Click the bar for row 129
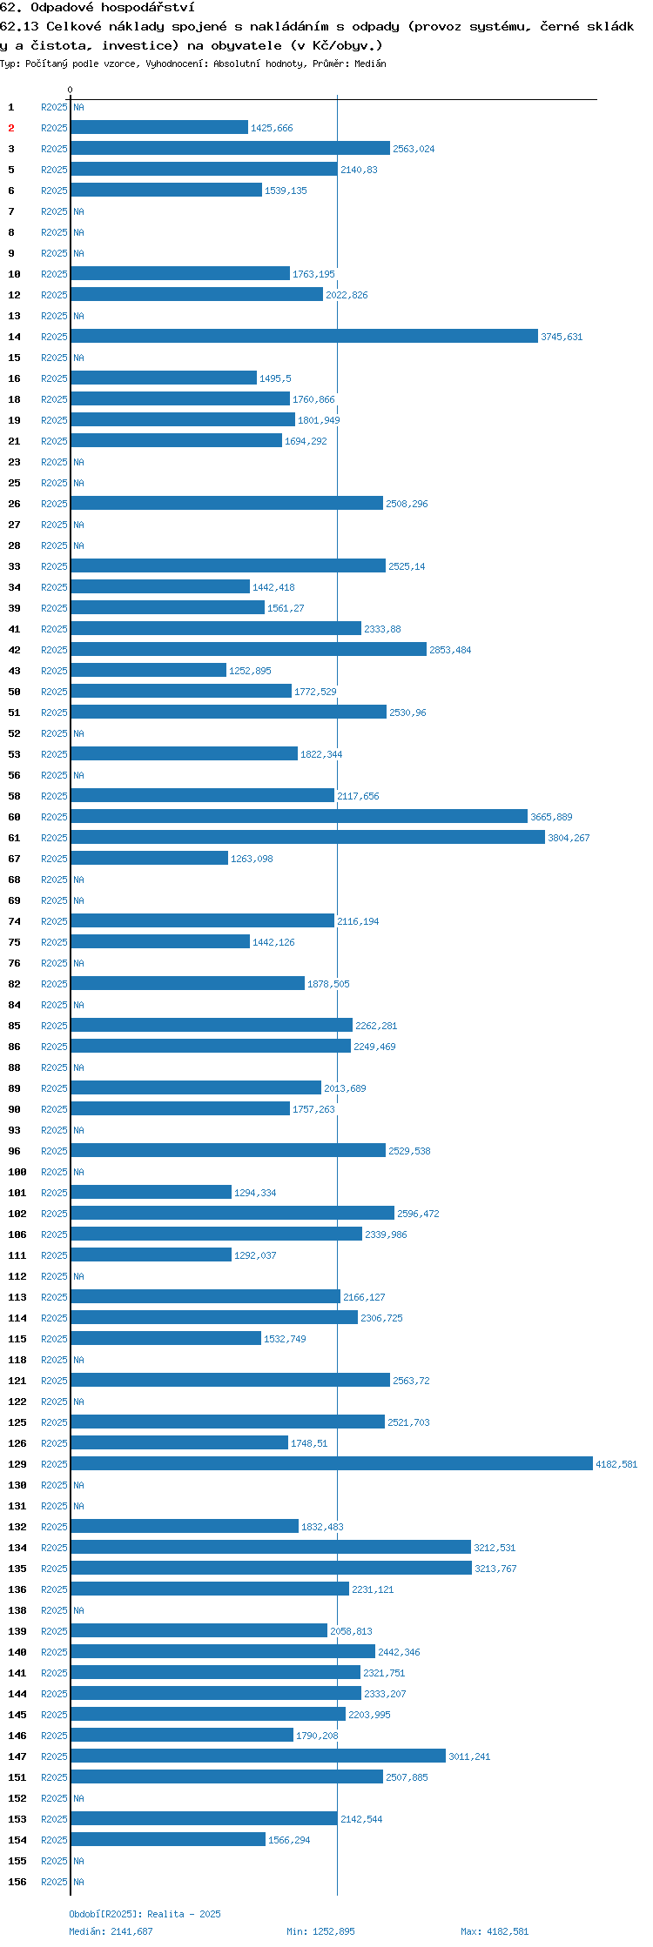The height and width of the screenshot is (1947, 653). click(332, 1464)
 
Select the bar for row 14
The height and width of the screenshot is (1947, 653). click(305, 337)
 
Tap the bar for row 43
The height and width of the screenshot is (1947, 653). click(149, 671)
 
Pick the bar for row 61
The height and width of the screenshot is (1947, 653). click(308, 838)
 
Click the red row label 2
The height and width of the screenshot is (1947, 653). click(11, 128)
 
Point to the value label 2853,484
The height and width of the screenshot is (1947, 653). click(450, 650)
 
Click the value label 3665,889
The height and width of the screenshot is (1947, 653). click(552, 817)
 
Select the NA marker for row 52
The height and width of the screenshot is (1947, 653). click(78, 733)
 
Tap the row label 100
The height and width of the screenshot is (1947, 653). click(17, 1172)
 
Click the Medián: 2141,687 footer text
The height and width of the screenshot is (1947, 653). click(111, 1931)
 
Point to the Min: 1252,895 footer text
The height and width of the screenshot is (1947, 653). click(320, 1931)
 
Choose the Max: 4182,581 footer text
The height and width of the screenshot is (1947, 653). click(495, 1931)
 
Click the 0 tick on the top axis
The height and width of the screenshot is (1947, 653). click(71, 90)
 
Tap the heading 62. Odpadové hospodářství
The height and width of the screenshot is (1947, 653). click(98, 7)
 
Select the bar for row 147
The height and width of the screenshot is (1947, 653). click(259, 1756)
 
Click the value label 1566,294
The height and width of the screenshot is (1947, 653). click(289, 1840)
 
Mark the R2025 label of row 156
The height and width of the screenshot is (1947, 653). click(54, 1882)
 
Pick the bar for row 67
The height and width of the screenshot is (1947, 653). click(150, 859)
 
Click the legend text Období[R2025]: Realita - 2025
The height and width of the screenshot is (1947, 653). click(145, 1914)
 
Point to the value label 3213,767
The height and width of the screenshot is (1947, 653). click(495, 1569)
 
